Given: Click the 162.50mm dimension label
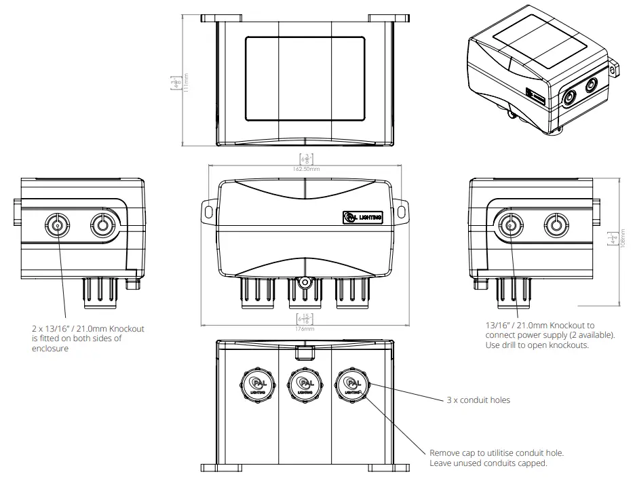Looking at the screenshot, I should coord(305,168).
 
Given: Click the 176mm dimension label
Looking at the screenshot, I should coord(305,328).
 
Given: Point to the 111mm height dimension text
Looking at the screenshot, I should coord(187,81).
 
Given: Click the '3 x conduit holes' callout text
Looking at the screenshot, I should coord(478,400).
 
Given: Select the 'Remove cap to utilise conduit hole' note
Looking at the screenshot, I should coord(497,452).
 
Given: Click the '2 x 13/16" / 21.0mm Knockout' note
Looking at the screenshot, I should coord(88,329).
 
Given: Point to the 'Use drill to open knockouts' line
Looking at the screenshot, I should coord(537,345).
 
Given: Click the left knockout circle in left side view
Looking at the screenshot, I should coord(56,225).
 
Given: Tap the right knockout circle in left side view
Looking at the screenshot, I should coord(102,225).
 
